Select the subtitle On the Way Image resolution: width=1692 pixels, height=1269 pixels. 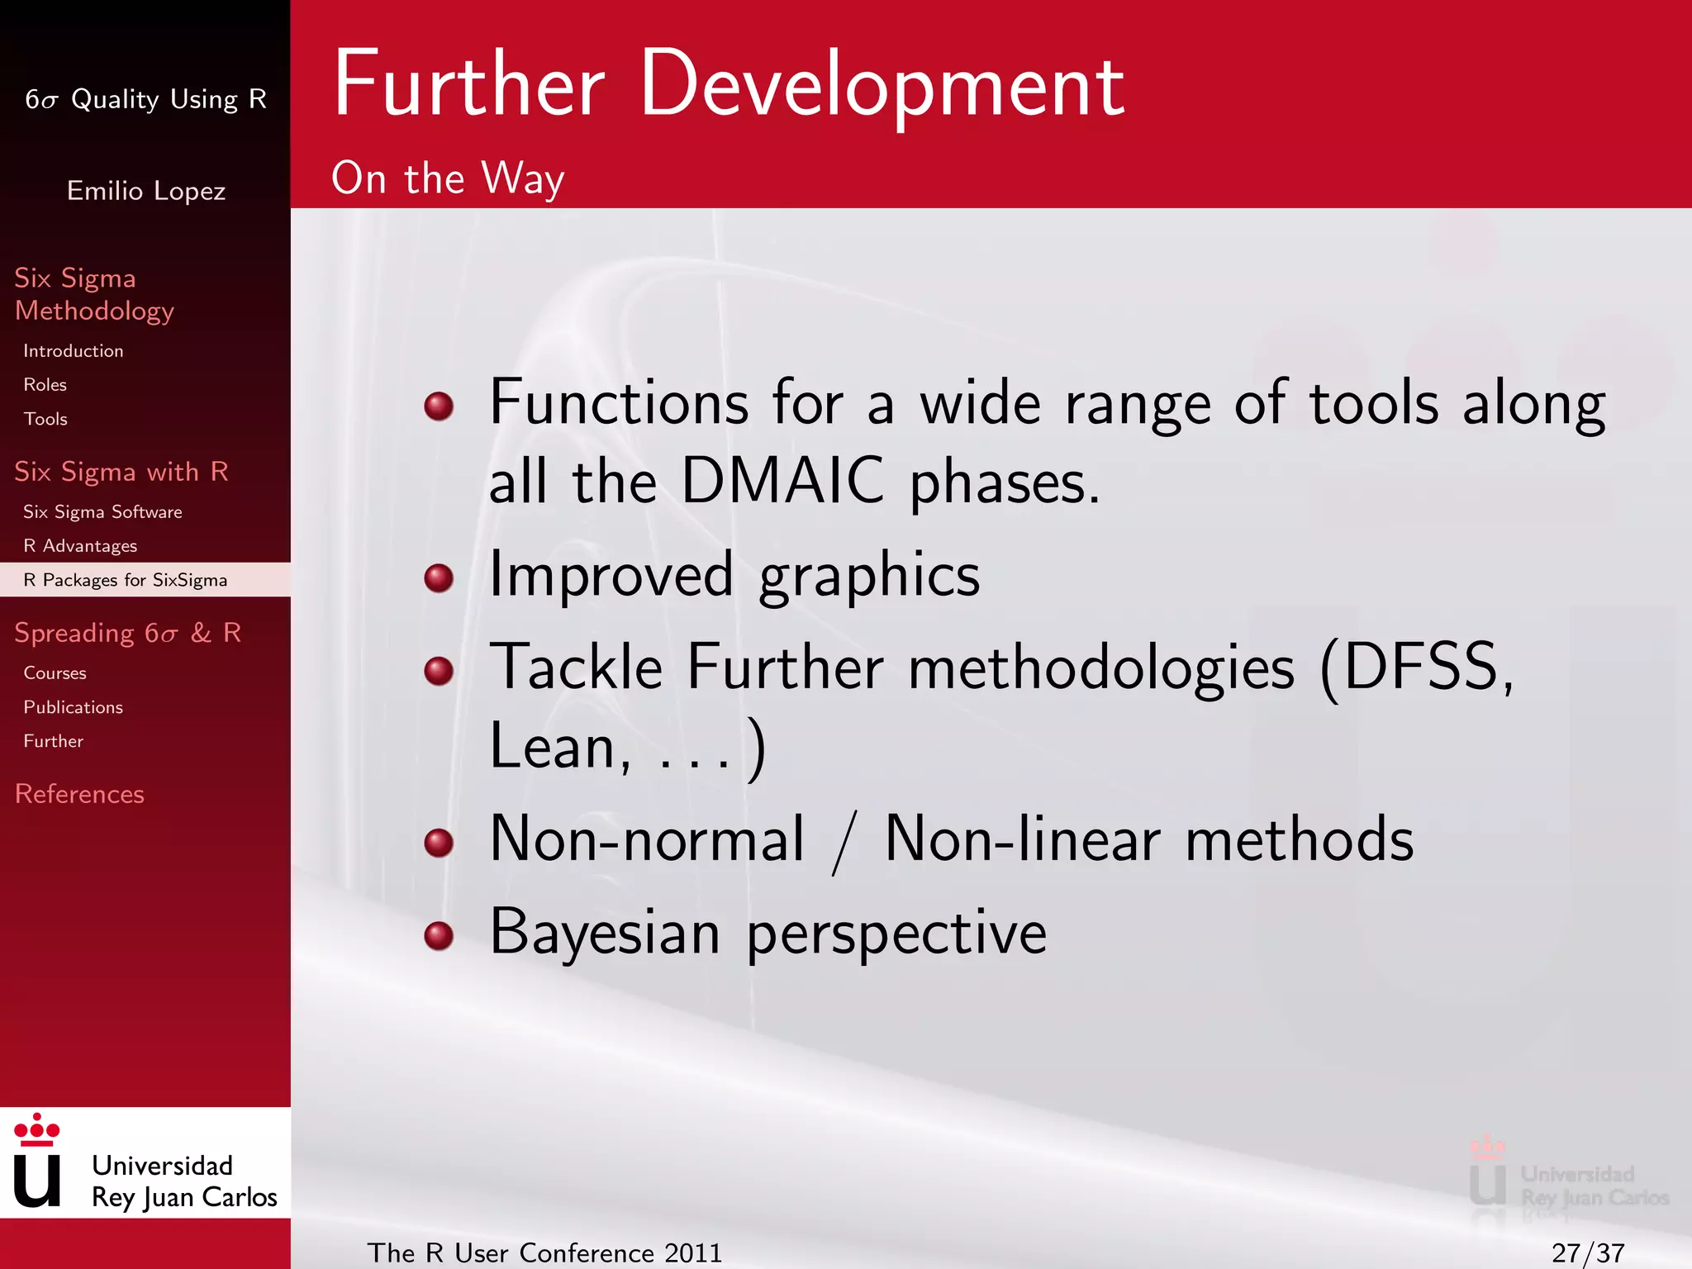(x=448, y=178)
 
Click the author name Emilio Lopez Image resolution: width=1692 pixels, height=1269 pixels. (x=145, y=191)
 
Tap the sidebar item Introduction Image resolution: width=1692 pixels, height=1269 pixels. (x=73, y=351)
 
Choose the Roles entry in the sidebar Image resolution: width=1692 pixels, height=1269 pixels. (x=45, y=385)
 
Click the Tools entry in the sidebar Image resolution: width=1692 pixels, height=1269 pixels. (x=45, y=419)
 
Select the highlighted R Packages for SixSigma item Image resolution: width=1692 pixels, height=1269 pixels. (x=125, y=580)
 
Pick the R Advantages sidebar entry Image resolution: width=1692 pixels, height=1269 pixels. (x=80, y=546)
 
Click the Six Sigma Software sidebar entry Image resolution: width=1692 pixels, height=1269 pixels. (x=102, y=512)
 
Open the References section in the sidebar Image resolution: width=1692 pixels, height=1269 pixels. (x=79, y=794)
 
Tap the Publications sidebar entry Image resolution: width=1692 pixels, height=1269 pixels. (x=73, y=707)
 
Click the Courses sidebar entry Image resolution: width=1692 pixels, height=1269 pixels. (x=55, y=673)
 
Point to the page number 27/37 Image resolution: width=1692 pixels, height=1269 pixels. (x=1587, y=1253)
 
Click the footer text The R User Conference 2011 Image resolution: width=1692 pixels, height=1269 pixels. (x=544, y=1253)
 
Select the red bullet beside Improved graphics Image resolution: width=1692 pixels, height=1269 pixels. (x=439, y=577)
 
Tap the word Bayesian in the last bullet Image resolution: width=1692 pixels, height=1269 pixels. (x=605, y=932)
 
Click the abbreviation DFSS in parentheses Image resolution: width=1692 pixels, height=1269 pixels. (x=1419, y=668)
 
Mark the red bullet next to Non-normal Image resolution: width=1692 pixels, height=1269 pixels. (x=439, y=843)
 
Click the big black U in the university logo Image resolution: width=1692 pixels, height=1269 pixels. (x=37, y=1180)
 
